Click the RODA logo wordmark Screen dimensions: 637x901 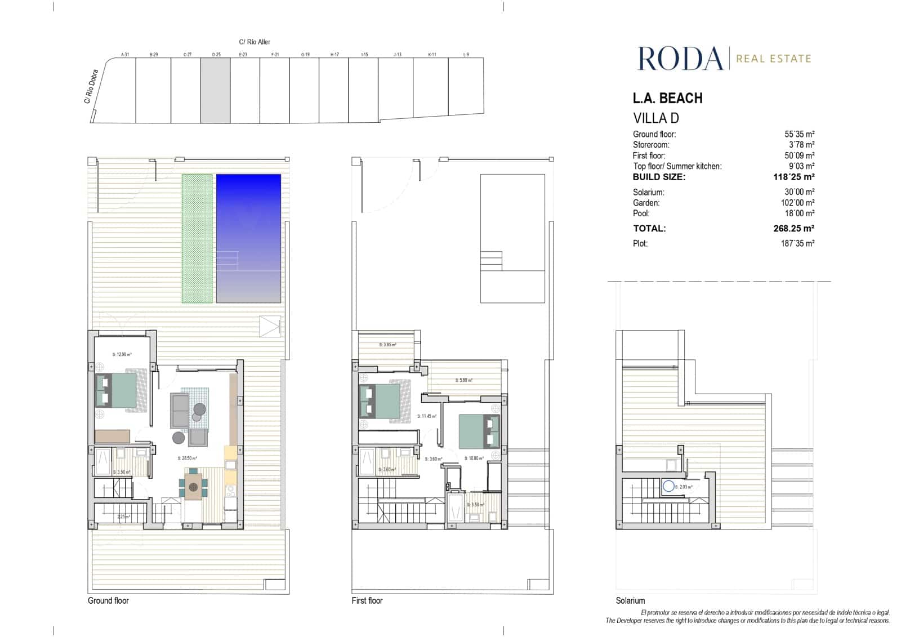(680, 59)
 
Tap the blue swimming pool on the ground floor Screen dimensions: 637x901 (248, 238)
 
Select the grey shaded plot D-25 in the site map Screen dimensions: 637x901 (215, 90)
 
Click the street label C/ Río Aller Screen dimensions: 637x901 (255, 42)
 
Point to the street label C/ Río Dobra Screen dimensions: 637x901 (91, 87)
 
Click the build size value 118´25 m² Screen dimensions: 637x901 (793, 177)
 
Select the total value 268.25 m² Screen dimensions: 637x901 (793, 229)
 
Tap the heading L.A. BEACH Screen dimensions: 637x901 (667, 98)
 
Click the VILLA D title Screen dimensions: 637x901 (656, 118)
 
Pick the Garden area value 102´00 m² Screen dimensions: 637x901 (799, 203)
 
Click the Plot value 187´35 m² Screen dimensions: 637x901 (797, 243)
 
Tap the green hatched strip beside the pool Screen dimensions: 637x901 (197, 238)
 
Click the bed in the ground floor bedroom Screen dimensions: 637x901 (117, 390)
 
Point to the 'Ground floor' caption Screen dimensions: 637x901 (108, 600)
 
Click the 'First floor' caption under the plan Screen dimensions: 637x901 (367, 600)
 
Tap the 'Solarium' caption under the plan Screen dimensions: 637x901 (630, 600)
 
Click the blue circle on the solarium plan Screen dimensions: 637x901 (668, 486)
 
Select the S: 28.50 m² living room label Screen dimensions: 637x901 (187, 458)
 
